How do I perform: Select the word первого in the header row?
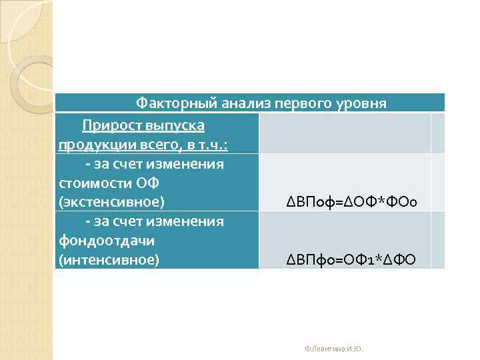pyautogui.click(x=299, y=103)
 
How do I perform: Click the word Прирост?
pyautogui.click(x=109, y=125)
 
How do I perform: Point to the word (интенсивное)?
pyautogui.click(x=109, y=259)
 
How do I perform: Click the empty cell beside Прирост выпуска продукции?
pyautogui.click(x=345, y=133)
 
